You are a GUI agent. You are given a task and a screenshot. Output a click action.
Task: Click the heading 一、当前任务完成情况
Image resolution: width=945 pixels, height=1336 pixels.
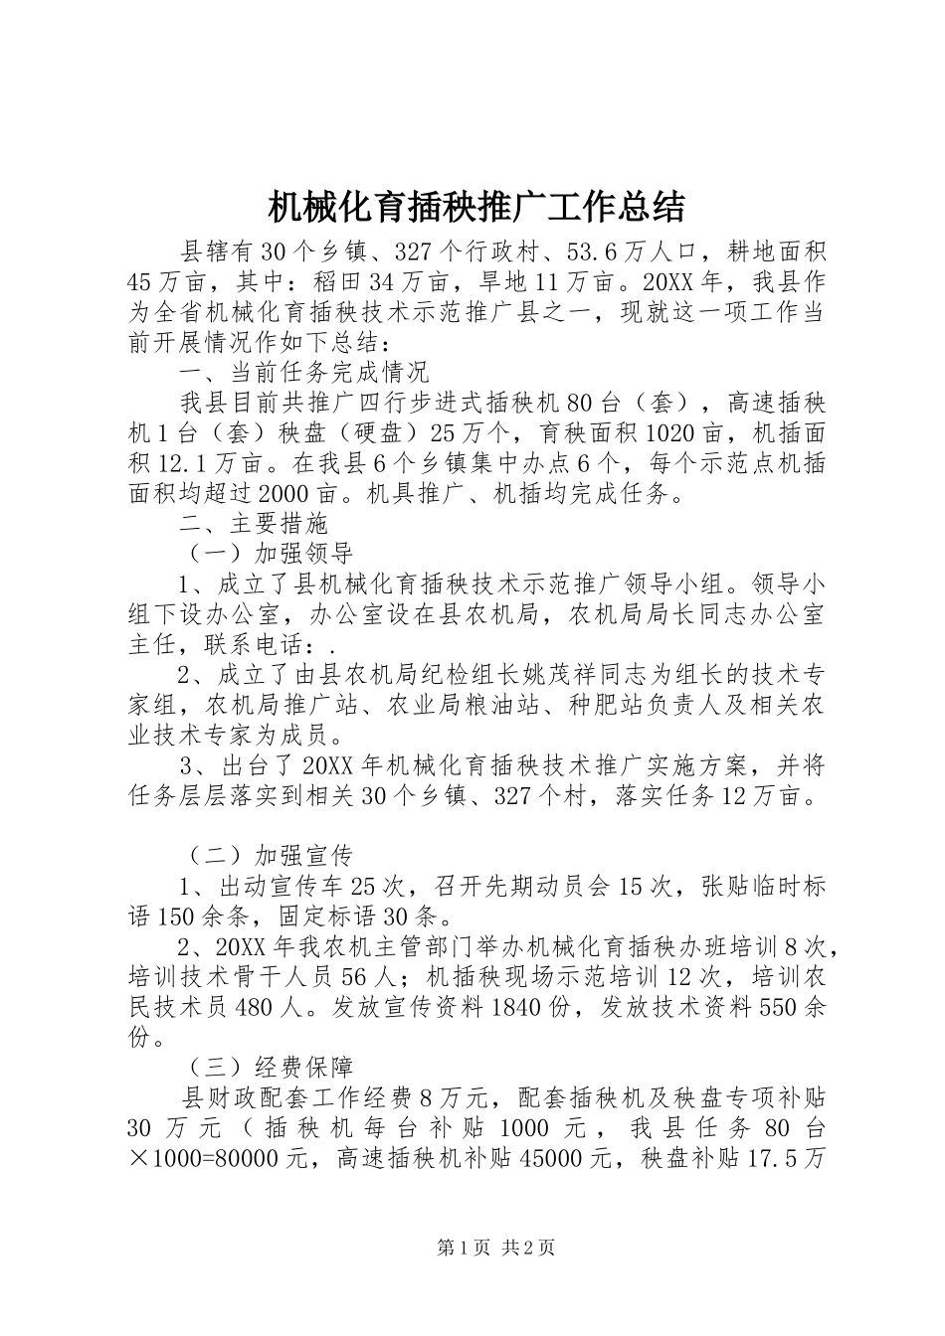pos(304,373)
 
